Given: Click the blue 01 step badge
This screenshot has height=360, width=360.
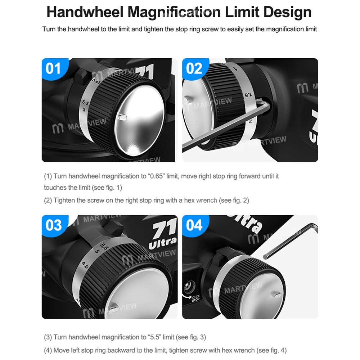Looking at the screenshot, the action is coord(54,68).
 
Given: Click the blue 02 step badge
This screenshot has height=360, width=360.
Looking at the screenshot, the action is coord(195,68).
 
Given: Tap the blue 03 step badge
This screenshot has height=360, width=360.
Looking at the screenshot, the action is coord(54,225).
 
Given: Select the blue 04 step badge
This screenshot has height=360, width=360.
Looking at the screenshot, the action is coord(195,225).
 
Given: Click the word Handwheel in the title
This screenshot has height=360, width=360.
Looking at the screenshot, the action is coord(85,12).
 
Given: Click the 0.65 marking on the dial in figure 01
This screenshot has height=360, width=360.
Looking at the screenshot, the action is coord(96,81).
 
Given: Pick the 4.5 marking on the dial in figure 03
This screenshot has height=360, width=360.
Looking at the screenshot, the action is coord(85,265).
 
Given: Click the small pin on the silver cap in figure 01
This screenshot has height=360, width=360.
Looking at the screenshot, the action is coord(121,117).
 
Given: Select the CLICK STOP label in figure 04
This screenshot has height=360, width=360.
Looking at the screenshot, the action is coord(195,298).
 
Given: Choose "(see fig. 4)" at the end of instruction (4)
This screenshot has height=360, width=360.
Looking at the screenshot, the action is coord(271,350).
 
